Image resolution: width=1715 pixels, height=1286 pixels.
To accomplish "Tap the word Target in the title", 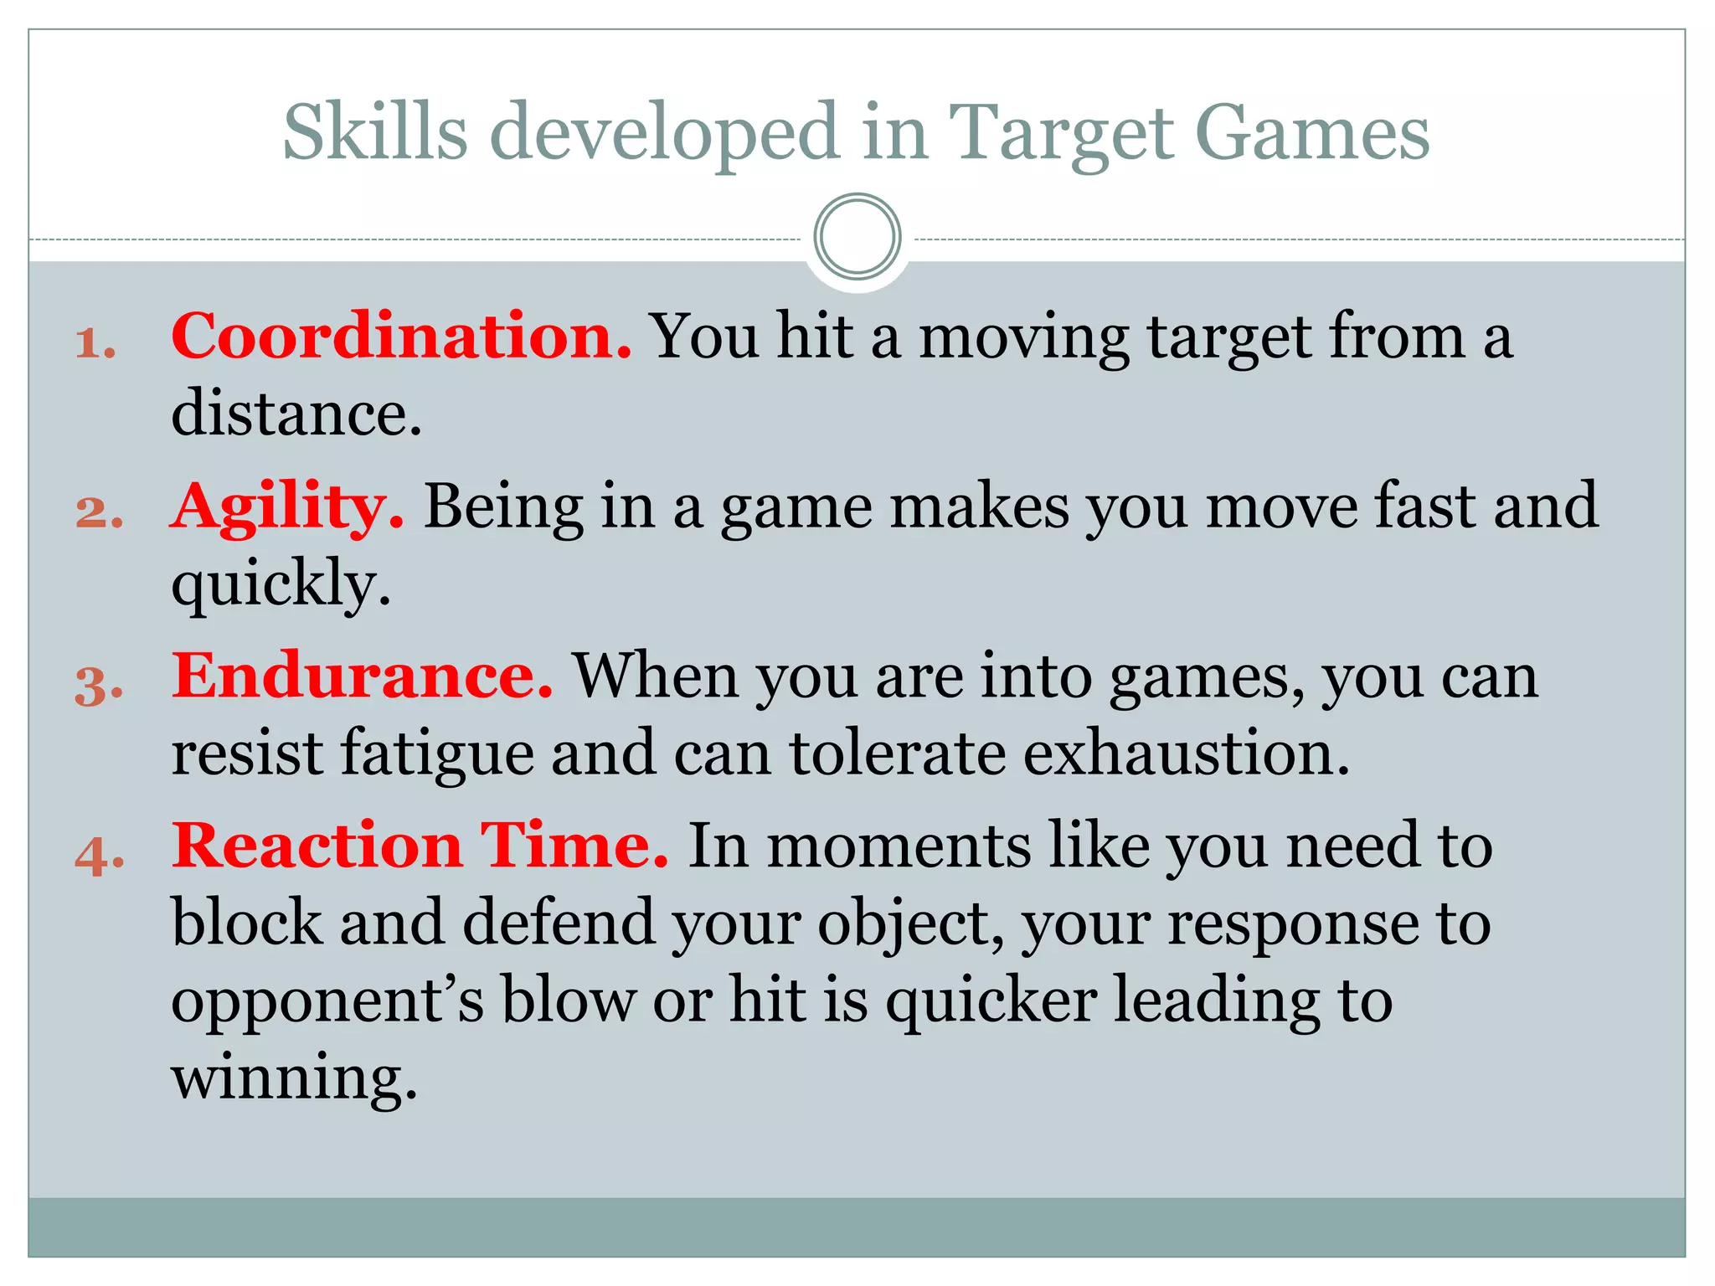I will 1062,134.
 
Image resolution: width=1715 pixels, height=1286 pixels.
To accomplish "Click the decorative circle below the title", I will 857,237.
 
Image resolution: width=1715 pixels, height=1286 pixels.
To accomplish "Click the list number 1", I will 95,343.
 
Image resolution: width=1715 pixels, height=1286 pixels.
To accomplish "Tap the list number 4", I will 99,855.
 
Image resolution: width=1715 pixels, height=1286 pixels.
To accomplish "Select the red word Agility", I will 287,509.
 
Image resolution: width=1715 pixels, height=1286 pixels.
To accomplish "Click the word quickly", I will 281,584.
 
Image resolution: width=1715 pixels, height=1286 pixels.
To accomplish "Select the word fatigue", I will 437,754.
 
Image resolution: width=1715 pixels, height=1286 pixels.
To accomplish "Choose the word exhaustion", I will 1187,752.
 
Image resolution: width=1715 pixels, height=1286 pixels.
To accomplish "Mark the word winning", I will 294,1078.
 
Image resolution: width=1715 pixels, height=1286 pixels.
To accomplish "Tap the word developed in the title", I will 664,134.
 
